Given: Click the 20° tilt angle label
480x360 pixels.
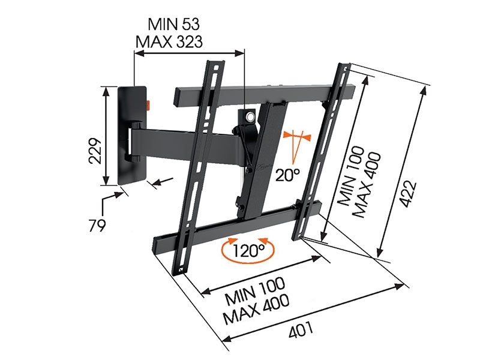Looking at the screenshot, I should [x=288, y=175].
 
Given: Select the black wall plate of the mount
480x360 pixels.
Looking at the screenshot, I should [x=133, y=135].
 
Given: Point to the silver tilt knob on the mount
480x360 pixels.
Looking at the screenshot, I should [x=246, y=115].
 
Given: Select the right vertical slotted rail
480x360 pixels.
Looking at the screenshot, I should [x=321, y=150].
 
